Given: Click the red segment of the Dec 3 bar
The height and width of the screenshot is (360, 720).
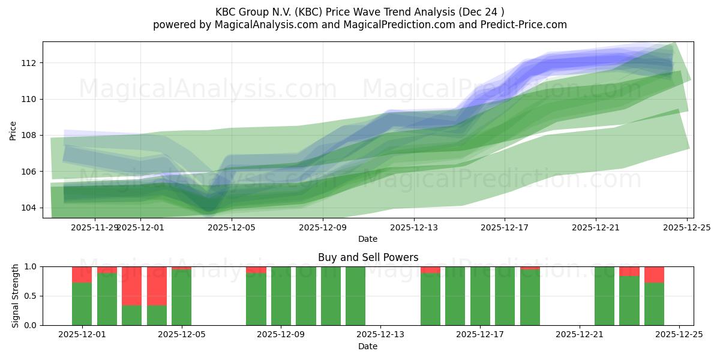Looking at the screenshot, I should (x=131, y=286).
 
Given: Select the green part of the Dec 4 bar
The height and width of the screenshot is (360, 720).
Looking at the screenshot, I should (x=157, y=315).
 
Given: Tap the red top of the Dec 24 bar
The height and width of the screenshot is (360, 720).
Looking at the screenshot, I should (x=654, y=274).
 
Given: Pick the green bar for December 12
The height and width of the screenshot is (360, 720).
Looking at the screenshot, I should (x=355, y=296).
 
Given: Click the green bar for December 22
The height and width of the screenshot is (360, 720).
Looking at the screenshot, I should (x=604, y=296).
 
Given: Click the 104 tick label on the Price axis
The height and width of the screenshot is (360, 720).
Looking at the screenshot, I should (x=29, y=208).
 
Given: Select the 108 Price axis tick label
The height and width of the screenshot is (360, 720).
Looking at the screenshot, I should (x=29, y=136).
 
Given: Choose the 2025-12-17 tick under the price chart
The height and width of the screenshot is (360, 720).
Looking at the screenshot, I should (x=505, y=227).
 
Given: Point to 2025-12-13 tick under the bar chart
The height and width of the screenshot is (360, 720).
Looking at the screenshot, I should (x=380, y=335).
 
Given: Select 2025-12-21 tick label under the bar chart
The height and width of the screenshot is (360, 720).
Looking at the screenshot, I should (x=580, y=335).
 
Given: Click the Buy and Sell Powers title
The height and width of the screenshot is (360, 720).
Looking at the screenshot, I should (x=368, y=257).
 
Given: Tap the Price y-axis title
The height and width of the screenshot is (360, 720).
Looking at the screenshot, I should (x=13, y=130).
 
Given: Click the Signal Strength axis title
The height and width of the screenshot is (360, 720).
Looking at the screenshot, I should (x=16, y=296).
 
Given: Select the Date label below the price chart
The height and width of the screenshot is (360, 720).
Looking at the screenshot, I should (x=368, y=239).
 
